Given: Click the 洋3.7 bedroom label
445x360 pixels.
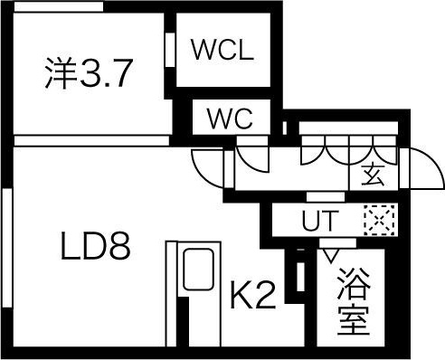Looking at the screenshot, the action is tap(90, 72).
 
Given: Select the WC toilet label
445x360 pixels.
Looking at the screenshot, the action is tap(229, 118).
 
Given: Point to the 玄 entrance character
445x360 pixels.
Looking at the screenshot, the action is tap(373, 175).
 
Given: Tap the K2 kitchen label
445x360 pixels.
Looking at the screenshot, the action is tap(251, 295).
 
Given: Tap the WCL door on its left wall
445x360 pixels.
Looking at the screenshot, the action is tap(170, 51).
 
